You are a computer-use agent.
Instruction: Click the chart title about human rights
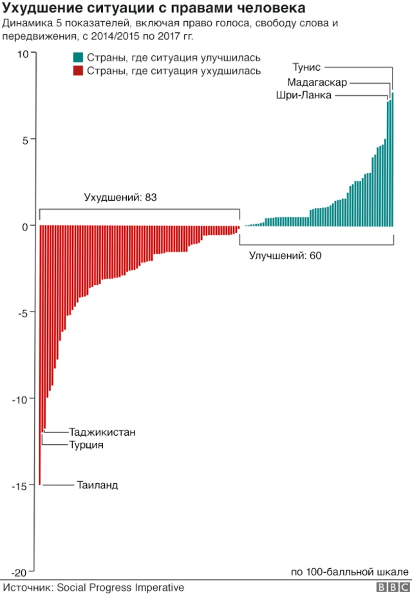154,9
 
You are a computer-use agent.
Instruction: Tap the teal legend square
78,58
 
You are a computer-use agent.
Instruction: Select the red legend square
78,71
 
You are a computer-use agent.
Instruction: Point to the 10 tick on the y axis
23,54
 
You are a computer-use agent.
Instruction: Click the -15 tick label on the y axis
20,486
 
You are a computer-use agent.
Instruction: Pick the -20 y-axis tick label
20,573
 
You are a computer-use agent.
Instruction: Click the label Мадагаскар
317,83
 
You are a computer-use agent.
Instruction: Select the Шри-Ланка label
304,96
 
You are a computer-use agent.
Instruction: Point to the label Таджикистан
102,432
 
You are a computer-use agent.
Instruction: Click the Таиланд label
97,485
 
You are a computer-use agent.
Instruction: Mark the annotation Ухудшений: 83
121,198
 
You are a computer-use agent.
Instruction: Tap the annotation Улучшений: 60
285,255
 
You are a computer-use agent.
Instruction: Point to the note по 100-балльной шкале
350,572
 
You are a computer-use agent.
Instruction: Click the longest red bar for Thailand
40,354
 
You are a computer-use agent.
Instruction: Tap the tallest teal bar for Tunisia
392,161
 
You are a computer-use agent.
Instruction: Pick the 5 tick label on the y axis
24,140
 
